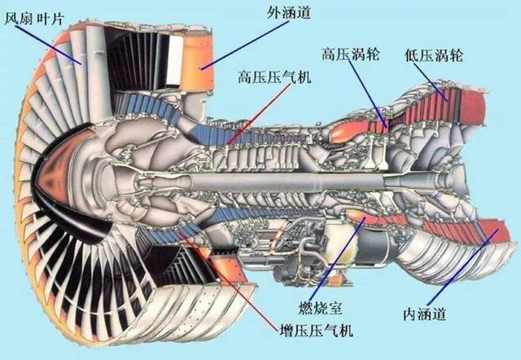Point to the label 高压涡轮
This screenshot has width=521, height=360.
coord(349,55)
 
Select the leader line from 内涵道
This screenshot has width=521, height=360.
coord(460,270)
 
